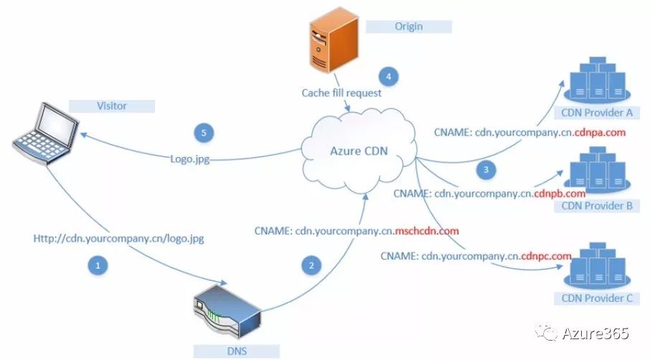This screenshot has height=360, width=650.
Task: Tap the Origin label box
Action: point(408,27)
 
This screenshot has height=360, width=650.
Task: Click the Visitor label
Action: point(112,106)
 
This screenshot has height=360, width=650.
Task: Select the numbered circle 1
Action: point(98,265)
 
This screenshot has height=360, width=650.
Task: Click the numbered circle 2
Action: point(311,265)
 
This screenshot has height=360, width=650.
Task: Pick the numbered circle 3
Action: point(486,170)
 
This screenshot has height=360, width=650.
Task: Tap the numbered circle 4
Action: point(388,76)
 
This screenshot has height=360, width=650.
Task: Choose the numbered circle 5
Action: point(204,133)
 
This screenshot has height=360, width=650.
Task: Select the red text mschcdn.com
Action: point(427,231)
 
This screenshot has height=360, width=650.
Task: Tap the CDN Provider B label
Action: point(597,207)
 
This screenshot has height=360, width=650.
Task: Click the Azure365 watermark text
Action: point(595,333)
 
